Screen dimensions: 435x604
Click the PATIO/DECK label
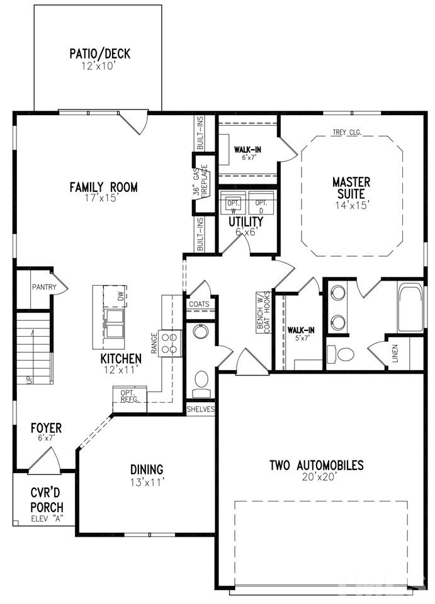point(100,53)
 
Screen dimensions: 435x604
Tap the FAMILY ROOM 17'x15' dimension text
point(101,198)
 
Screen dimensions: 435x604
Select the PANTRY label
point(44,287)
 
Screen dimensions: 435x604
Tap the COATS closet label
point(199,305)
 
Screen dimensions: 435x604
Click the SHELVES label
point(200,409)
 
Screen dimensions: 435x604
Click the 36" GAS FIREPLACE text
point(201,181)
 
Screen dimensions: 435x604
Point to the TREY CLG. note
point(347,133)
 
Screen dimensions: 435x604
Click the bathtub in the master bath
point(410,308)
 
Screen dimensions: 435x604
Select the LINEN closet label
point(395,352)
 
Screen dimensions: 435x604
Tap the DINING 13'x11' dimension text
point(147,482)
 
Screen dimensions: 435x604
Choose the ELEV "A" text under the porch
point(47,519)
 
